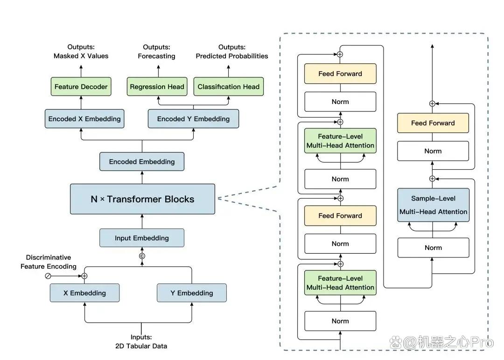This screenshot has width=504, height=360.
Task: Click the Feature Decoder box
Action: coord(81,86)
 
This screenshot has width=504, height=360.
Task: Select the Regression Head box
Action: coord(157,86)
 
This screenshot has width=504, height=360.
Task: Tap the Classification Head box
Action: coord(229,86)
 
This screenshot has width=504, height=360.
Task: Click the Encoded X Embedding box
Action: coord(84,119)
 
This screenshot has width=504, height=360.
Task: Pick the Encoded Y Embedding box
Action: coord(194,119)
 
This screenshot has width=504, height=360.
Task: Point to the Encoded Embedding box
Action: coord(142,161)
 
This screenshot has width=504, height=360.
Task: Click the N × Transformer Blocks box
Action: coord(142,199)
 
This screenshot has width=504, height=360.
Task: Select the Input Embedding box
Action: coord(142,238)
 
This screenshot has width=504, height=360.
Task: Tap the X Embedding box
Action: coord(84,293)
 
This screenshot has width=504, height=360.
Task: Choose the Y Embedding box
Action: coord(192,293)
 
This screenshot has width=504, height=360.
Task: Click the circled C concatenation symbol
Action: coord(142,256)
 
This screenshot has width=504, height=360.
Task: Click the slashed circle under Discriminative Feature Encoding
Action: coord(48,276)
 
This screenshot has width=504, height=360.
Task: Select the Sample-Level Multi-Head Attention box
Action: coord(433,205)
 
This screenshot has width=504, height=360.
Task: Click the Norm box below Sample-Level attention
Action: coord(433,248)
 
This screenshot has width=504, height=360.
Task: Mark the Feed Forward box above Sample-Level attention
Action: coord(433,123)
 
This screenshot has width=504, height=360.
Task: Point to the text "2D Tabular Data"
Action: coord(141,346)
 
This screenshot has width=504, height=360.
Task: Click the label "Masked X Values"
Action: coord(81,56)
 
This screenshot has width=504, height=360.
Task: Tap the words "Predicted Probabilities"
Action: coord(232,56)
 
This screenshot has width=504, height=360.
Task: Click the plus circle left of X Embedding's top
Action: coord(84,276)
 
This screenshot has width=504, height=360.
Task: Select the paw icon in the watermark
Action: coord(396,342)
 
